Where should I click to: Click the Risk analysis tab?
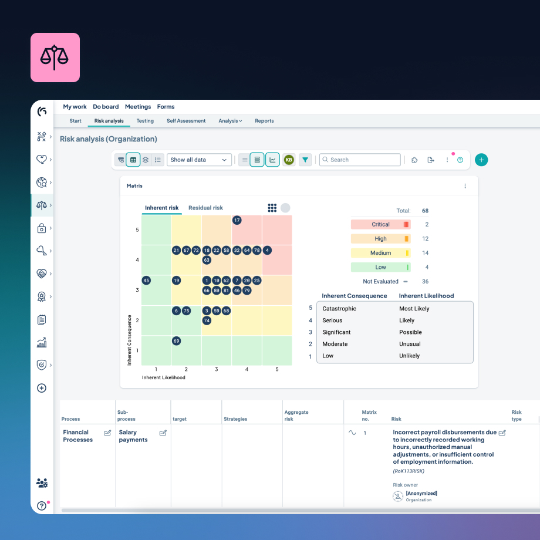pyautogui.click(x=109, y=121)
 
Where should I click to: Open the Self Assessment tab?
pyautogui.click(x=186, y=121)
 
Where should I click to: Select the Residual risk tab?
pyautogui.click(x=205, y=208)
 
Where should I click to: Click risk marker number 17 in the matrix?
pyautogui.click(x=237, y=220)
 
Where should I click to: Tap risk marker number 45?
pyautogui.click(x=146, y=281)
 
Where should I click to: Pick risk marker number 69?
pyautogui.click(x=176, y=341)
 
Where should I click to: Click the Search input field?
pyautogui.click(x=360, y=160)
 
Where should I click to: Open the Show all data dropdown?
pyautogui.click(x=199, y=160)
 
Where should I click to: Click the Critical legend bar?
pyautogui.click(x=380, y=224)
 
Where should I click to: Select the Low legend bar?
pyautogui.click(x=380, y=267)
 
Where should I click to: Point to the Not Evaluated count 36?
pyautogui.click(x=425, y=282)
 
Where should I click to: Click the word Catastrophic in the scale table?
pyautogui.click(x=339, y=309)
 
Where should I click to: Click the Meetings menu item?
pyautogui.click(x=138, y=107)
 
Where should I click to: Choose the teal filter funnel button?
pyautogui.click(x=305, y=160)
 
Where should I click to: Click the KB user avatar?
pyautogui.click(x=288, y=160)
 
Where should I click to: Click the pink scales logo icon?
pyautogui.click(x=55, y=57)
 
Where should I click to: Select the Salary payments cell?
pyautogui.click(x=133, y=436)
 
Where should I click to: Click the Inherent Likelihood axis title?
pyautogui.click(x=164, y=378)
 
